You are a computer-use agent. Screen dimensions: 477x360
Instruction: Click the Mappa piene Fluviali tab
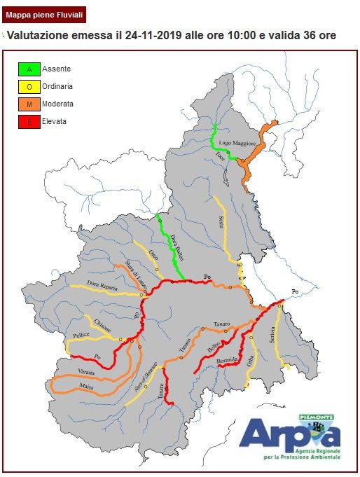(45, 13)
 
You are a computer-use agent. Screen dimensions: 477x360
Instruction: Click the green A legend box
(29, 69)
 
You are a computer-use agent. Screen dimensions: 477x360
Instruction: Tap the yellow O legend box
(29, 87)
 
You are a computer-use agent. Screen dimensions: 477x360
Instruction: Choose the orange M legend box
(29, 104)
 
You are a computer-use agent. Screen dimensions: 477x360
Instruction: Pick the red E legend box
(29, 122)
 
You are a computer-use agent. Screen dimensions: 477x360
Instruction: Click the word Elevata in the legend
(55, 122)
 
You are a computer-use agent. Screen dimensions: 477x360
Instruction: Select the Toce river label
(221, 155)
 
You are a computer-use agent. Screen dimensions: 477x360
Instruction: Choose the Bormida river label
(228, 361)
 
